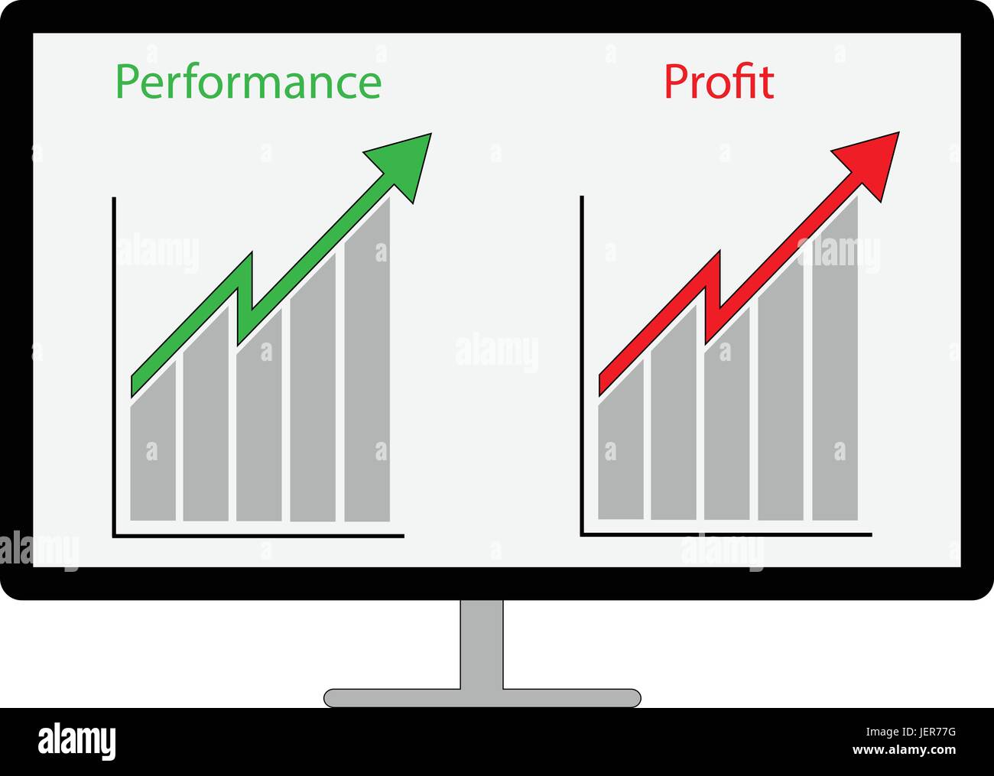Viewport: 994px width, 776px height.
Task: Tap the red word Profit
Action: tap(719, 83)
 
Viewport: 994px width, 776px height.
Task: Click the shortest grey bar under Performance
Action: tap(153, 459)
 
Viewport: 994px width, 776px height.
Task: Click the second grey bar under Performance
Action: tap(206, 436)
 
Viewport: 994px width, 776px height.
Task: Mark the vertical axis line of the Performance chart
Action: tap(114, 367)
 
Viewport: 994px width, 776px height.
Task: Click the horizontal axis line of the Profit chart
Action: tap(726, 534)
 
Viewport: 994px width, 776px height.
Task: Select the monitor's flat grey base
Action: tap(482, 697)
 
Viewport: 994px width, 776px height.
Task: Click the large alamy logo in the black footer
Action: tap(76, 742)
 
